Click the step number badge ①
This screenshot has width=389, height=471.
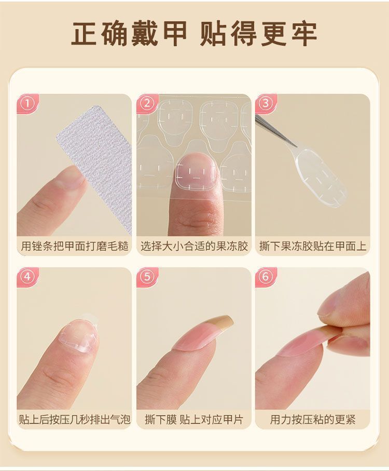(x=27, y=104)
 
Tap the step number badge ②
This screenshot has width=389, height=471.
(x=147, y=104)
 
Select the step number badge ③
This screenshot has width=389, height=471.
(x=266, y=103)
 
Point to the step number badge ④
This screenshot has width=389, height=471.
(x=27, y=277)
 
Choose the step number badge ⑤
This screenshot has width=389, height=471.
(x=147, y=277)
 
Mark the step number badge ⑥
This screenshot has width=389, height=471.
(x=266, y=277)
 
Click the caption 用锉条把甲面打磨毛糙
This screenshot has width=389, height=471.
(x=74, y=246)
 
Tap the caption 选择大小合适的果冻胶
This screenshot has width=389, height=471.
(x=194, y=246)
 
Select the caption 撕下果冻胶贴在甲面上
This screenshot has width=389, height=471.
(x=313, y=246)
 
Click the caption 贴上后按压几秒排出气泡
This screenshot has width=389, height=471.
(x=74, y=420)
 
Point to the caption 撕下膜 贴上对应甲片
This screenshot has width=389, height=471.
(x=194, y=420)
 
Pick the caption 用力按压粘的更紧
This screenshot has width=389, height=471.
(x=313, y=420)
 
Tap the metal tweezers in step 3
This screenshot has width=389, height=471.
(x=275, y=131)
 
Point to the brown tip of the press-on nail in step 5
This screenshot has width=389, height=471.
(x=223, y=324)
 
